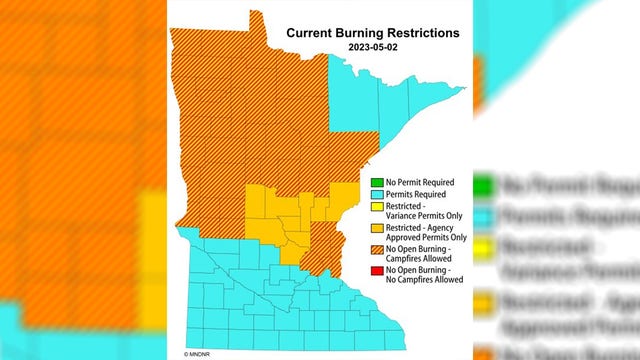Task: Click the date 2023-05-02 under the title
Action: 373,47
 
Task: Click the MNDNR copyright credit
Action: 185,353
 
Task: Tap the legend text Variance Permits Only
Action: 419,216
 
